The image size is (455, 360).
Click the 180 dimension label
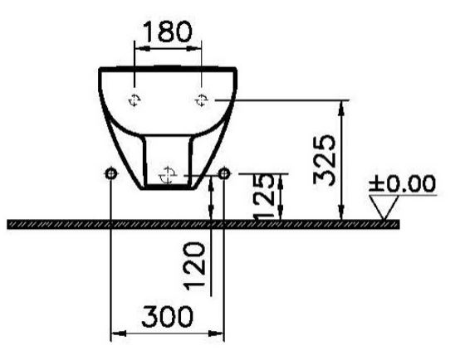[169, 32]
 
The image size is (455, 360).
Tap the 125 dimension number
[264, 197]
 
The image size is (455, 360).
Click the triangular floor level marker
[383, 207]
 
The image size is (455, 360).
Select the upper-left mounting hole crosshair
[135, 100]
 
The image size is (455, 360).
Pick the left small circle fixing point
[111, 173]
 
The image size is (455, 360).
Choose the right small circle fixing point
[224, 173]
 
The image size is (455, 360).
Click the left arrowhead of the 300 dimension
[115, 334]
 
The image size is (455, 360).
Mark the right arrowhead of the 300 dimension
[220, 334]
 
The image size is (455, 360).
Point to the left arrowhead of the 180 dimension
[139, 47]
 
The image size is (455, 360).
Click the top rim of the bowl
[169, 66]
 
